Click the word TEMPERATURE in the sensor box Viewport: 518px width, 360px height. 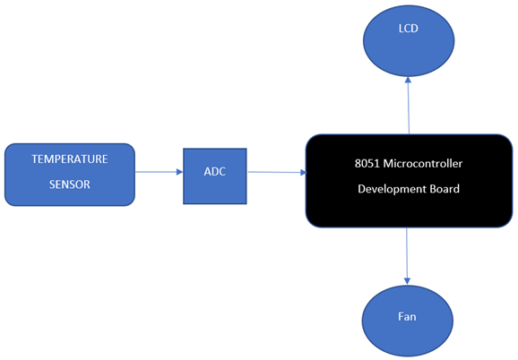pos(70,159)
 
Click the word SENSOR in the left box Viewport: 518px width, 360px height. pos(70,186)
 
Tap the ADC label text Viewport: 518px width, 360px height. pos(215,172)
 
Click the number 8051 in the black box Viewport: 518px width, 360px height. pos(367,164)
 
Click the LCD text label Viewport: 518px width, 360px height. pos(408,29)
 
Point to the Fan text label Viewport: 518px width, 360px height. pos(408,316)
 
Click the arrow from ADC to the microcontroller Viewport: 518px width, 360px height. pos(275,172)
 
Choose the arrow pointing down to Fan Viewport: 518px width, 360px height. pos(408,255)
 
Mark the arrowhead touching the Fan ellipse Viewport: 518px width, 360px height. pos(408,282)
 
